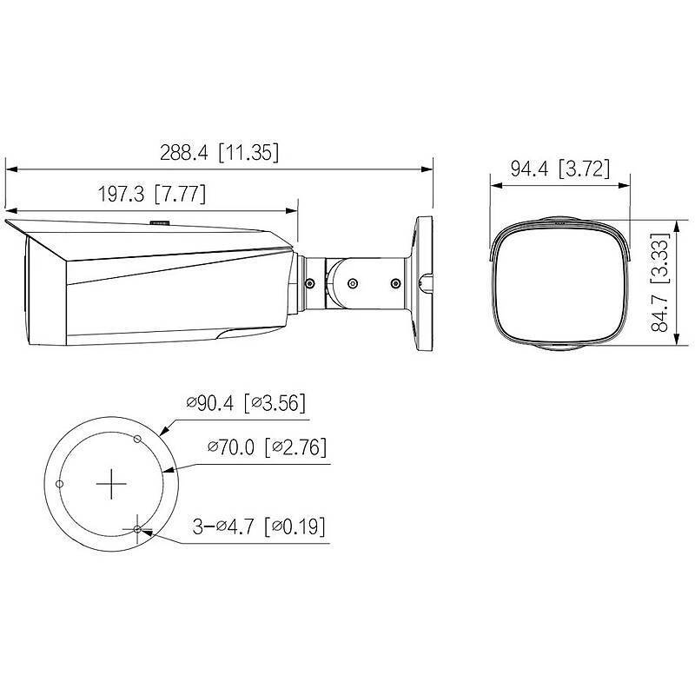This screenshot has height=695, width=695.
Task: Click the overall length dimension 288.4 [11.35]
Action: click(x=218, y=153)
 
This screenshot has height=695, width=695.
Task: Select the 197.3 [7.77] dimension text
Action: click(x=151, y=195)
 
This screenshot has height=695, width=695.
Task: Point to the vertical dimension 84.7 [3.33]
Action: click(x=663, y=276)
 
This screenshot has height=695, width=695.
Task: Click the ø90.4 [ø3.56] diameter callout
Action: click(x=246, y=403)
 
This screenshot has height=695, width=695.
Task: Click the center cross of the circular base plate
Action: click(x=110, y=485)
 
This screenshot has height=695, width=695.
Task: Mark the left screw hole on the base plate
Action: click(x=59, y=483)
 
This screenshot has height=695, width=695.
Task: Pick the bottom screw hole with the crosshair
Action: click(x=137, y=529)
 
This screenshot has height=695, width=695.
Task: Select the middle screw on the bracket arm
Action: click(x=353, y=282)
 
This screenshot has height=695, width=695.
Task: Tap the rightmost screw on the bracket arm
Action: click(x=395, y=282)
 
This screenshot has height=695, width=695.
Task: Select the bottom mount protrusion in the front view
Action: click(x=557, y=347)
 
